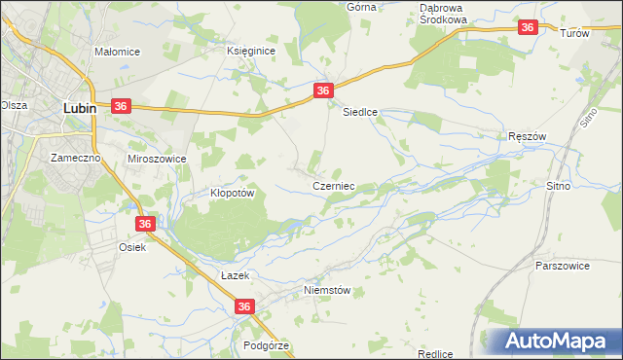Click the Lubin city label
pyautogui.click(x=79, y=109)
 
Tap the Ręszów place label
pyautogui.click(x=529, y=138)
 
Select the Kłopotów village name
pyautogui.click(x=232, y=193)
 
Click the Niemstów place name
pyautogui.click(x=325, y=290)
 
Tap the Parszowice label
pyautogui.click(x=563, y=265)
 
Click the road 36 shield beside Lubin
pyautogui.click(x=122, y=106)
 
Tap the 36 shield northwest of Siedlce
pyautogui.click(x=324, y=90)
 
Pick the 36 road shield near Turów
pyautogui.click(x=528, y=28)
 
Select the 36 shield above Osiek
pyautogui.click(x=145, y=224)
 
